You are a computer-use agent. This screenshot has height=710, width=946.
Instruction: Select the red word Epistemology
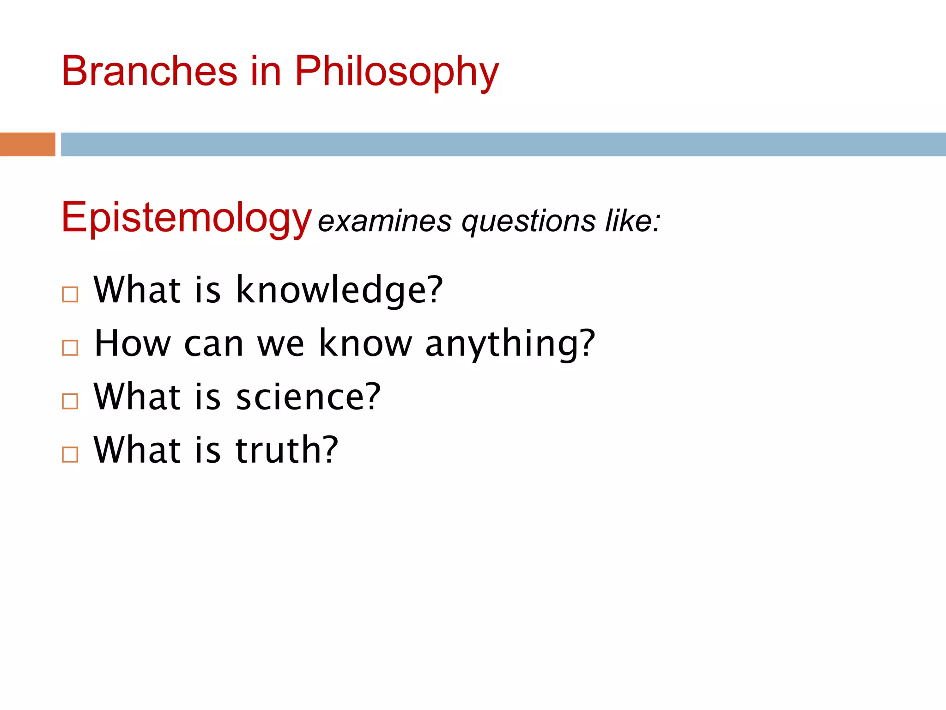coord(186,218)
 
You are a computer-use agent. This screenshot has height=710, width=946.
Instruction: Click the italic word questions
coord(528,222)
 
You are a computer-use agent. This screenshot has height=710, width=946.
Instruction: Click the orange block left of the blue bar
coord(27,144)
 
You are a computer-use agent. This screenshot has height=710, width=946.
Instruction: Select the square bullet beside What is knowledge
coord(70,294)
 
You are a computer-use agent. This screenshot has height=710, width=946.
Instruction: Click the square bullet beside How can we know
coord(70,348)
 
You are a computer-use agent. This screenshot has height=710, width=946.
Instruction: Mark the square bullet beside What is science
coord(70,401)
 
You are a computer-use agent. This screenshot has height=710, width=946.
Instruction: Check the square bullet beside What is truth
coord(70,454)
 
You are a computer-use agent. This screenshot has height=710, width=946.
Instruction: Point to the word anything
coord(510,344)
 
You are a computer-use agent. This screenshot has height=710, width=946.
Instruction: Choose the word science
coord(308,397)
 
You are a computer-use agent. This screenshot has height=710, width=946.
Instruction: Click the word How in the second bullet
coord(133,343)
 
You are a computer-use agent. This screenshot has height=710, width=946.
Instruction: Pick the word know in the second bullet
coord(365,343)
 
